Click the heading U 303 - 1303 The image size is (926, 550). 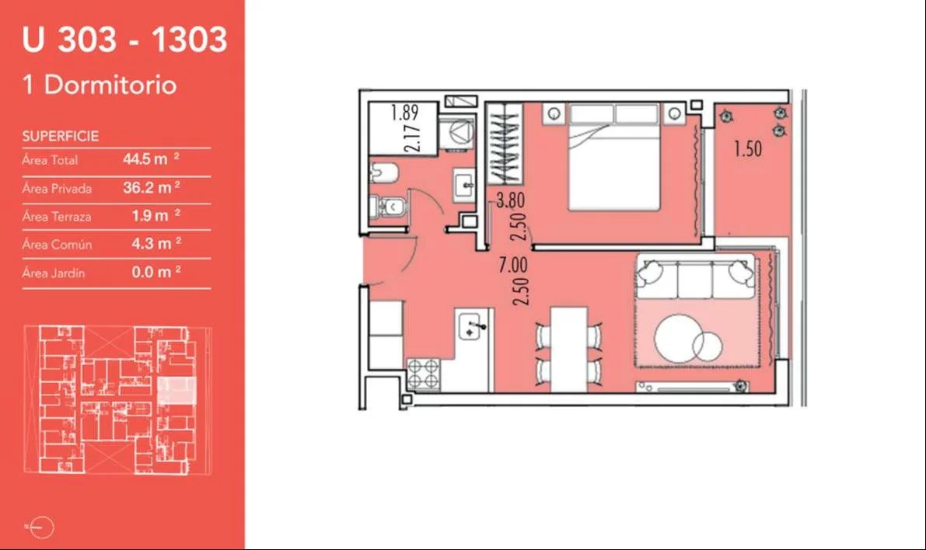(x=124, y=40)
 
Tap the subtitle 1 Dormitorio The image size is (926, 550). (x=100, y=85)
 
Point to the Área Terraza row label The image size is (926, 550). (x=57, y=217)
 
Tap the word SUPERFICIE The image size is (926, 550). (x=60, y=136)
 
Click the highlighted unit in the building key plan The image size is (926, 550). (x=176, y=391)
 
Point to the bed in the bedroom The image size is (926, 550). (x=614, y=157)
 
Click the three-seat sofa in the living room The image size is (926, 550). (x=695, y=277)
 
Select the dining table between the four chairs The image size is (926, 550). (x=569, y=350)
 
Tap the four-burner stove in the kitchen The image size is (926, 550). (x=424, y=374)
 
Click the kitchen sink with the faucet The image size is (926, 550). (x=473, y=326)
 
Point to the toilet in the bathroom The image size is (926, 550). (x=387, y=207)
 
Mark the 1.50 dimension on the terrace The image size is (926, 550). (x=748, y=148)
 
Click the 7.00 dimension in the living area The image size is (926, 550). (x=512, y=265)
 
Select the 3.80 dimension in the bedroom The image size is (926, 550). (x=510, y=200)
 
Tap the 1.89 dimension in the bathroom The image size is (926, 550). (x=404, y=112)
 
